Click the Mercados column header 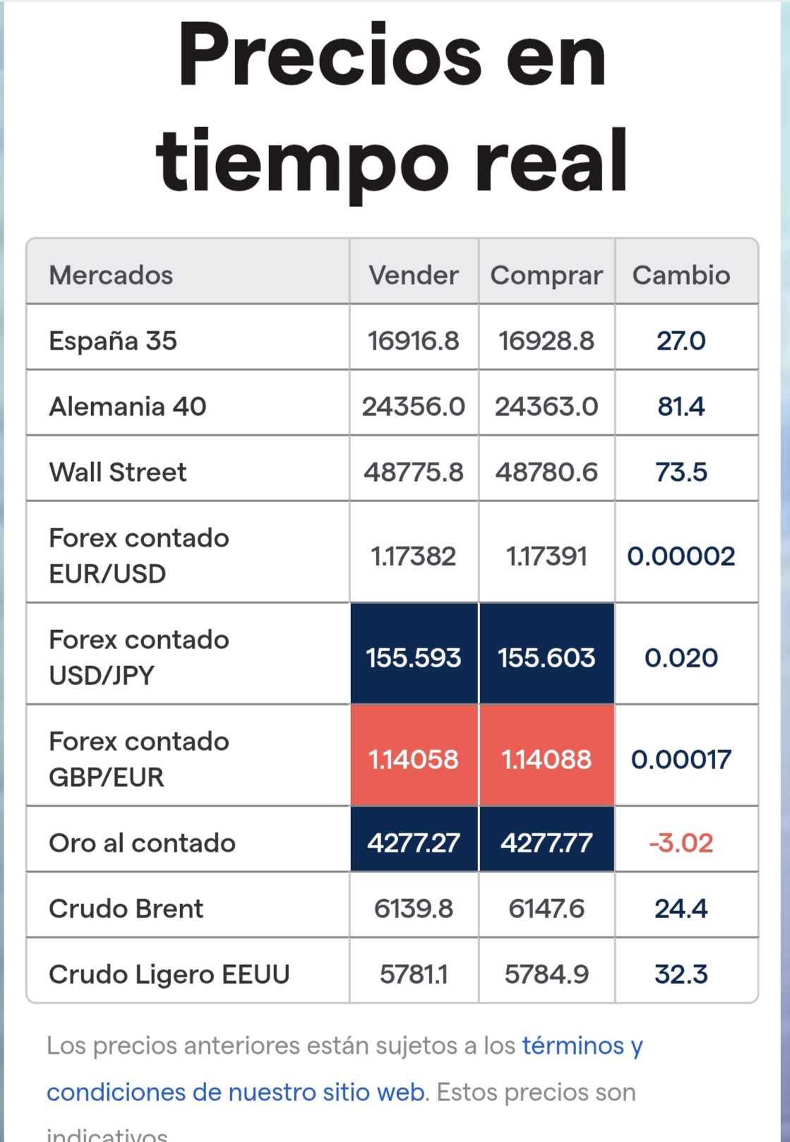coord(111,275)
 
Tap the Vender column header coord(413,275)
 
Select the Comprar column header coord(546,276)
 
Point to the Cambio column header coord(681,275)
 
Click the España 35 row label coord(113,340)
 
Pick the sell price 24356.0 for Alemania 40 coord(413,406)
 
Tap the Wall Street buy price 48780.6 coord(546,472)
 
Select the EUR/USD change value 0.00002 coord(681,556)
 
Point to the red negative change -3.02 coord(681,843)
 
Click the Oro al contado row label coord(142,843)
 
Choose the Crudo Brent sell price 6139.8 coord(413,909)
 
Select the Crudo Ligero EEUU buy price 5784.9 coord(546,975)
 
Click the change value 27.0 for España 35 coord(681,340)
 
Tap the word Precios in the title coord(330,54)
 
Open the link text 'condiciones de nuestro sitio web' coord(236,1093)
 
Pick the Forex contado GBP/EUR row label coord(138,759)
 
